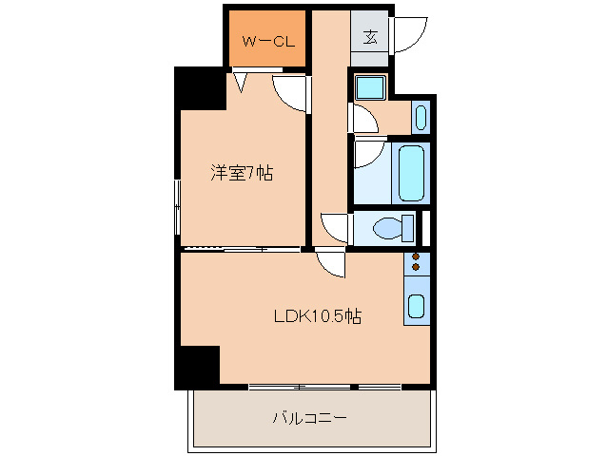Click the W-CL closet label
(268, 41)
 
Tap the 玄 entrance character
(370, 37)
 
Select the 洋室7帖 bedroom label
(242, 173)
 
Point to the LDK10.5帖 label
(318, 316)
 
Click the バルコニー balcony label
(310, 418)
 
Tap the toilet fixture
(393, 228)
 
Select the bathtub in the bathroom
(411, 173)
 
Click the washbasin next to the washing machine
(421, 117)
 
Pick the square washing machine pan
(370, 87)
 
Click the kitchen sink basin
(417, 306)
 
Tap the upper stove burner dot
(416, 257)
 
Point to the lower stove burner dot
(416, 267)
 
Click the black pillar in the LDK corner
(197, 367)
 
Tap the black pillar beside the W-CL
(200, 88)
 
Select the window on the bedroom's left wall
(177, 207)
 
